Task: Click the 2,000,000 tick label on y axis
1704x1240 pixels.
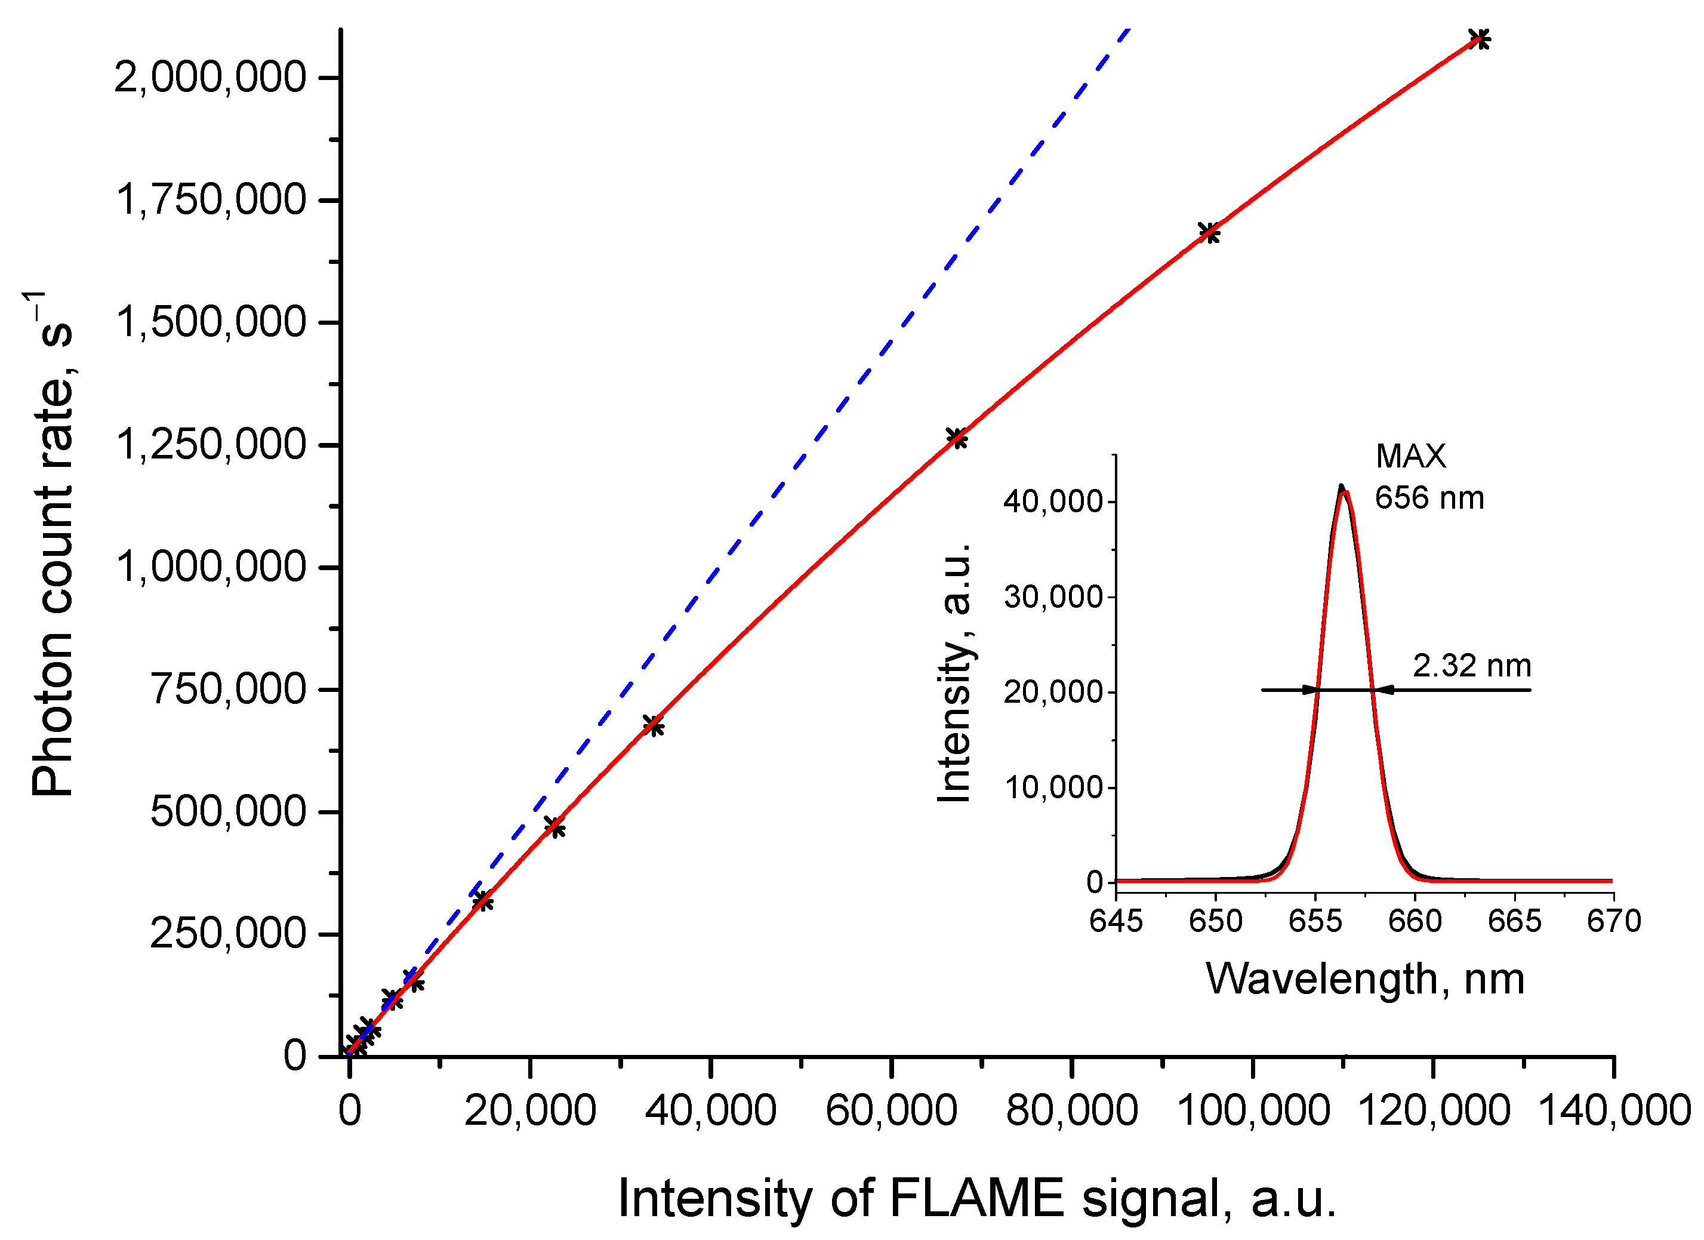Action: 210,78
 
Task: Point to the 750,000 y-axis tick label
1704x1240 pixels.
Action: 229,689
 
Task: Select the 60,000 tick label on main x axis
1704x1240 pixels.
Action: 891,1110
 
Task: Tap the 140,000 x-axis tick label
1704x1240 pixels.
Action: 1615,1110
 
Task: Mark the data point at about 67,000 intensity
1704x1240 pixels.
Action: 956,438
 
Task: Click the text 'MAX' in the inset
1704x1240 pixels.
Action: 1410,457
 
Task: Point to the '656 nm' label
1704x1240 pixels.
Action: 1429,499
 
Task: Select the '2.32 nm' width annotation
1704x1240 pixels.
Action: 1472,666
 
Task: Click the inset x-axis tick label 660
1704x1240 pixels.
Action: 1415,921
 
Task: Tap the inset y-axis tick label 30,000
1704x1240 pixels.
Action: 1053,598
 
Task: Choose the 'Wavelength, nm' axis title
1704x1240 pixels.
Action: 1365,979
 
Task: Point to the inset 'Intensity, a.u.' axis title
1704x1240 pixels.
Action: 955,673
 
